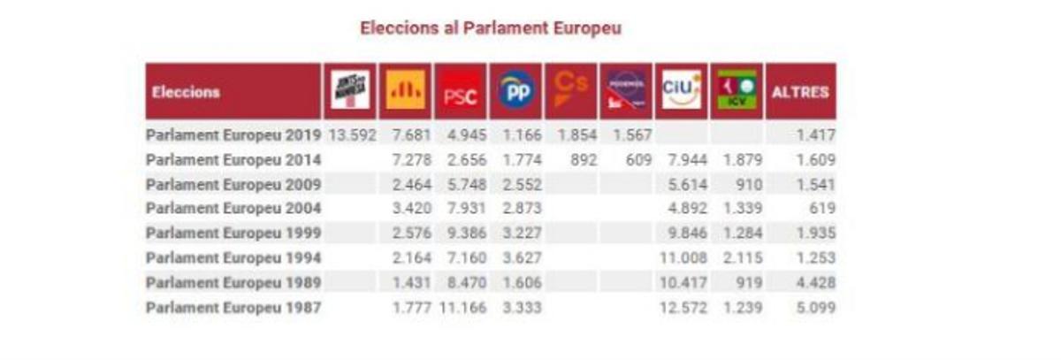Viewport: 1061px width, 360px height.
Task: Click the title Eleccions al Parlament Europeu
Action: pyautogui.click(x=490, y=28)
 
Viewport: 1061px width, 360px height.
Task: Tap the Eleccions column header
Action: pyautogui.click(x=186, y=92)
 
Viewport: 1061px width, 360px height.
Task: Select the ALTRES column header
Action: pyautogui.click(x=800, y=92)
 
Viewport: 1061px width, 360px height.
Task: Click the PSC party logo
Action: pyautogui.click(x=460, y=92)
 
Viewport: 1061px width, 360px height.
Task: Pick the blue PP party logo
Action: pyautogui.click(x=515, y=92)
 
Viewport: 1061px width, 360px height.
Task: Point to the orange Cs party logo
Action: pyautogui.click(x=570, y=92)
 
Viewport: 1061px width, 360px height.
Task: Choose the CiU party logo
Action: pyautogui.click(x=681, y=91)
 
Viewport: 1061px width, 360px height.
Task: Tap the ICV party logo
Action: pyautogui.click(x=737, y=91)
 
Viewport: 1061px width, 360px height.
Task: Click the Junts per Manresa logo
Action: pyautogui.click(x=350, y=91)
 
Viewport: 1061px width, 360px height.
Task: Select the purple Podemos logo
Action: pyautogui.click(x=626, y=91)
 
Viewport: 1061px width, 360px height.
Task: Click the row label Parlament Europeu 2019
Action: pyautogui.click(x=233, y=135)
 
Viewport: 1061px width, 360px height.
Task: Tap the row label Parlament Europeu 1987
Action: pyautogui.click(x=233, y=308)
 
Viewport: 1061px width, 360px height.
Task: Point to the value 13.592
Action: pyautogui.click(x=353, y=135)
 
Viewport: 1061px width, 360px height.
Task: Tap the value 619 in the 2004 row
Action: pyautogui.click(x=821, y=209)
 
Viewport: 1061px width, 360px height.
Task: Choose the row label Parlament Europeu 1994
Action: pyautogui.click(x=233, y=258)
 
